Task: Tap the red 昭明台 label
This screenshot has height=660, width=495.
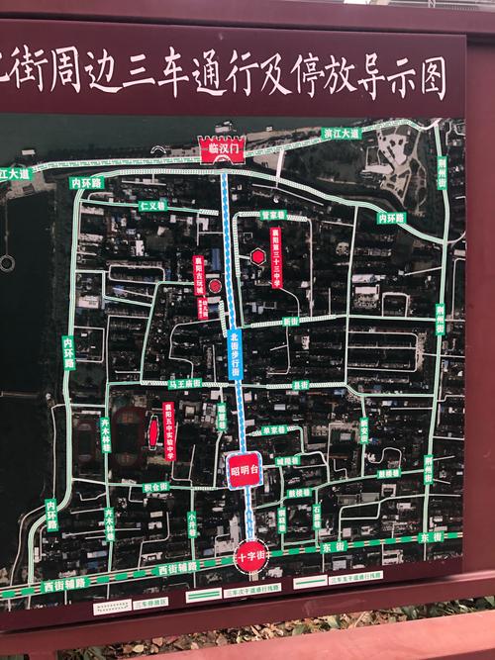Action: point(245,468)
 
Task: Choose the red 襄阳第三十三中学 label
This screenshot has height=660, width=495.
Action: point(277,255)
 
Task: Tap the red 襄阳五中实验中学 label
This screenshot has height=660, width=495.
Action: point(169,429)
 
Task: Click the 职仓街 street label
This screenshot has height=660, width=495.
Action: point(156,487)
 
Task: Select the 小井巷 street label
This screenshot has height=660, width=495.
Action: point(192,520)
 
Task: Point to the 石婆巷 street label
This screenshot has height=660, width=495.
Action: point(318,517)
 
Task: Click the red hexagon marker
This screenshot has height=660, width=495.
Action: point(258,257)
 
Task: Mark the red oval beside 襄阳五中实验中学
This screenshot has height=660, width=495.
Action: point(153,431)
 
